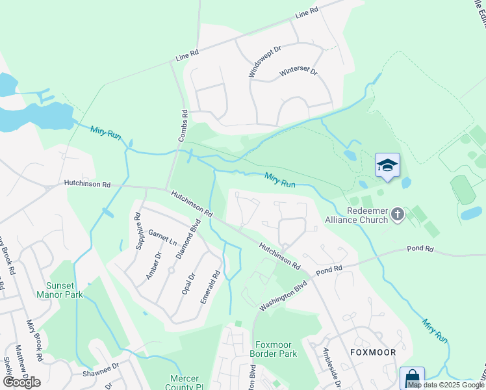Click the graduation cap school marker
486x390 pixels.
387,165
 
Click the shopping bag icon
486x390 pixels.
412,378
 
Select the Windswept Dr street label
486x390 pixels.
264,62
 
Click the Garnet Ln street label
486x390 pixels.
162,237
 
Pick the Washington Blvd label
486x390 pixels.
283,296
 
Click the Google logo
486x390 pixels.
21,382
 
